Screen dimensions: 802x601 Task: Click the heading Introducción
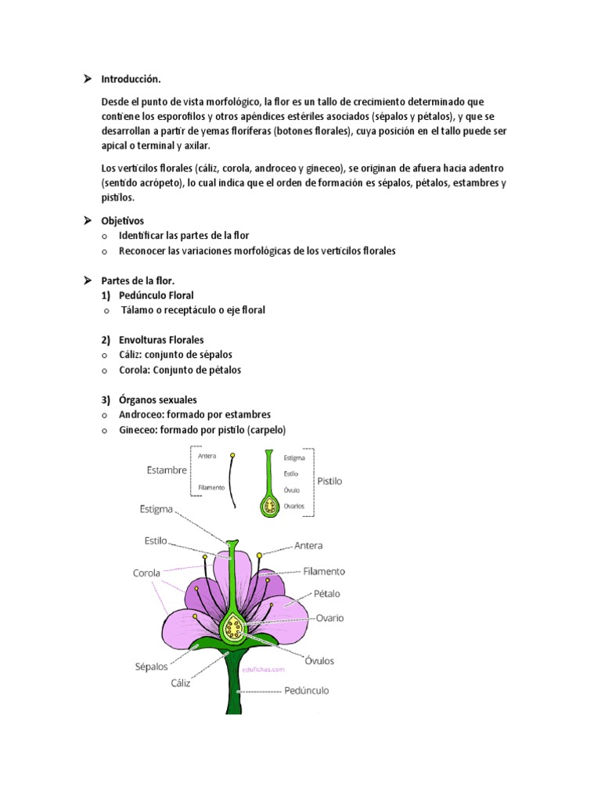coord(131,79)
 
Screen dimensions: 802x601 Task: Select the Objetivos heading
coord(123,221)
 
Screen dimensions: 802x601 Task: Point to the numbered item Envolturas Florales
coord(161,340)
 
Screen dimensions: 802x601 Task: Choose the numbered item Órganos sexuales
coord(158,399)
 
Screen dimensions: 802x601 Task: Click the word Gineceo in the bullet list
coord(137,429)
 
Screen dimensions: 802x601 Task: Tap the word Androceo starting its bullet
coord(140,414)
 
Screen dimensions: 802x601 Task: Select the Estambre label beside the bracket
coord(167,471)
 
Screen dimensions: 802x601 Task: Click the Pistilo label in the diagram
coord(329,482)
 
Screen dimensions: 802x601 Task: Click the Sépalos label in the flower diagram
coord(151,667)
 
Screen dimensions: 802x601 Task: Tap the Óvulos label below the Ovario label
coord(318,660)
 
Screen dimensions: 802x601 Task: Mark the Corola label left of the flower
coord(146,573)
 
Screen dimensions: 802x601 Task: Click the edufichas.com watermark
coord(268,670)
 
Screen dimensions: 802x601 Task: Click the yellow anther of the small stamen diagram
coord(232,455)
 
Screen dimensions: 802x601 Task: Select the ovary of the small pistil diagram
coord(269,508)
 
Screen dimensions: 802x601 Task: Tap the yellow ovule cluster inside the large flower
coord(232,627)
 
